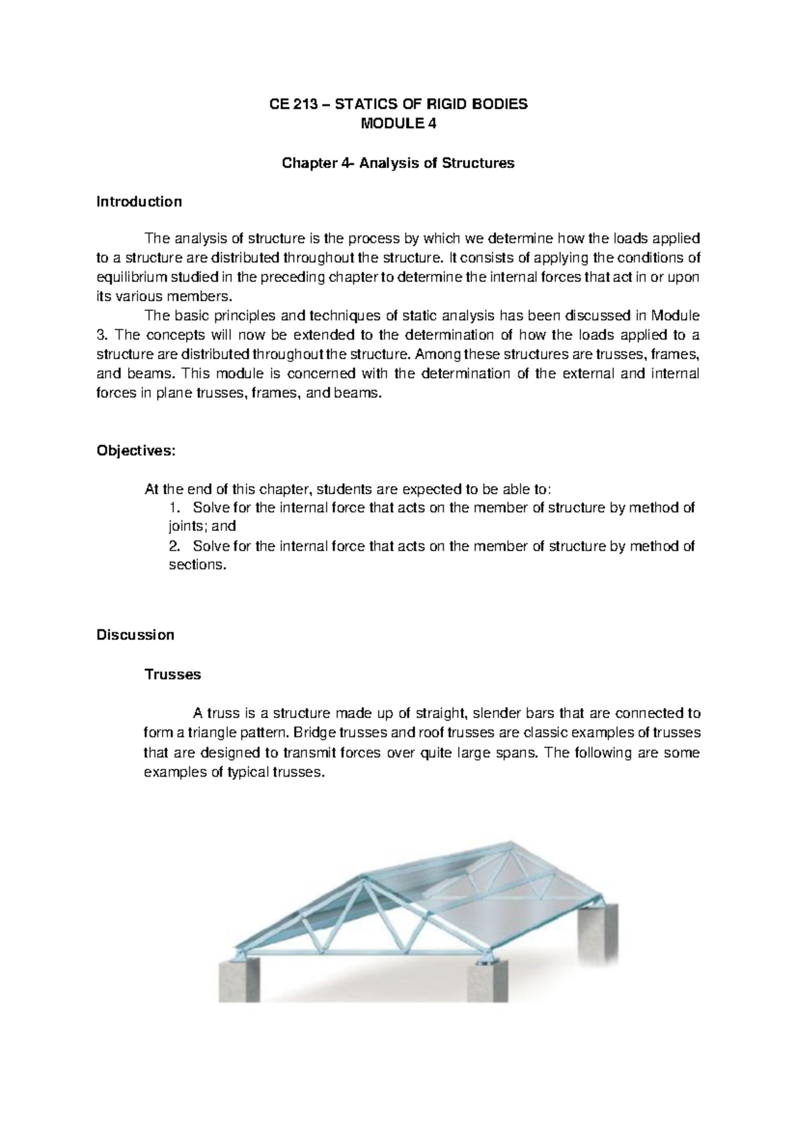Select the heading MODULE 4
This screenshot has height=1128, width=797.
[x=398, y=124]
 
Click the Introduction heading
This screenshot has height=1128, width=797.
[x=139, y=201]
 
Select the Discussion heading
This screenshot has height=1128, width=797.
[x=135, y=634]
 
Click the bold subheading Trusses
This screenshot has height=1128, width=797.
[x=173, y=674]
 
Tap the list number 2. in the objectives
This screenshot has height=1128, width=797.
[x=175, y=546]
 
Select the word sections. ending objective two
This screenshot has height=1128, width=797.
[x=199, y=565]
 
